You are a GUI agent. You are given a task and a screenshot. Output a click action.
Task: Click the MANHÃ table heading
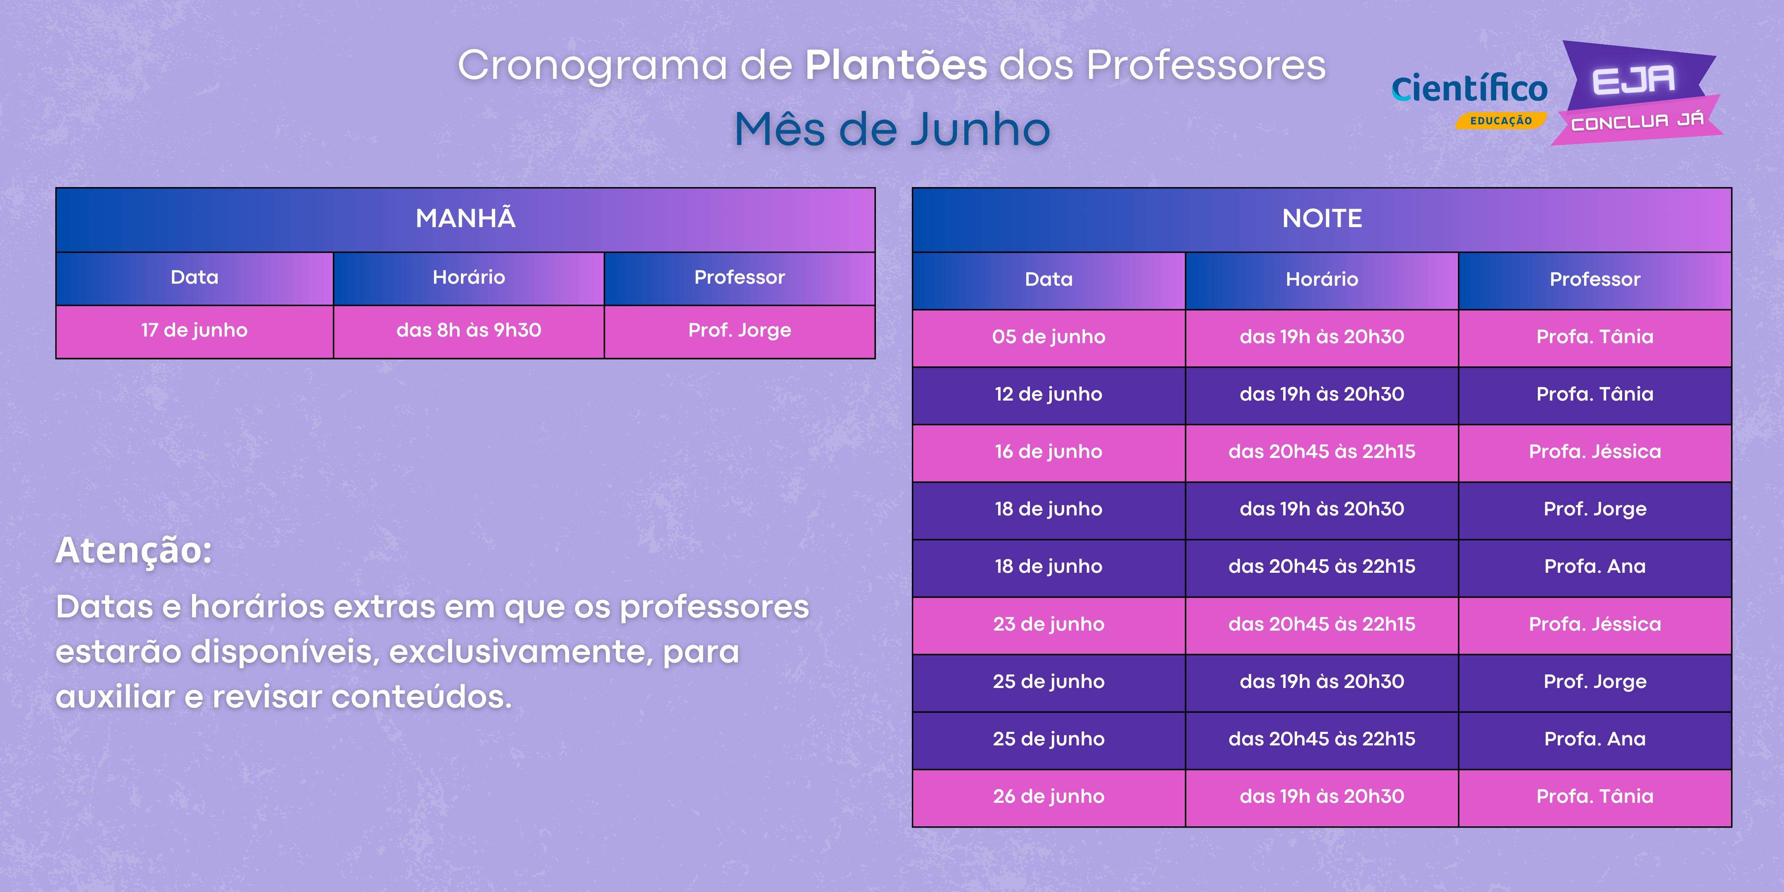pos(465,219)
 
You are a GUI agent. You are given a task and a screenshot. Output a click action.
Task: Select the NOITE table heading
pos(1321,219)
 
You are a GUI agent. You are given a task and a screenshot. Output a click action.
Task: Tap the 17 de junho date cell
pos(195,331)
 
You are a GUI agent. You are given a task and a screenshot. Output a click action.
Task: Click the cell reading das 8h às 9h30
pos(469,331)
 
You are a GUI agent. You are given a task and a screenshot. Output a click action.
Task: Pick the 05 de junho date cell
pos(1049,338)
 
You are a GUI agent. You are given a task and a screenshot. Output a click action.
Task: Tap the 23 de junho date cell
pos(1049,625)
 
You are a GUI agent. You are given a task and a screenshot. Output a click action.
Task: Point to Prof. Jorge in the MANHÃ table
pos(740,331)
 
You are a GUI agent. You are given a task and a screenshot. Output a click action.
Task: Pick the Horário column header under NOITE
pos(1321,280)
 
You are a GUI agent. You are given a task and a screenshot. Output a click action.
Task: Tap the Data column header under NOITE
pos(1049,280)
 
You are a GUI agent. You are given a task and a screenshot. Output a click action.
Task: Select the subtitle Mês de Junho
pos(892,130)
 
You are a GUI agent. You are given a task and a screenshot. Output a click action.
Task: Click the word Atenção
pos(134,551)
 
